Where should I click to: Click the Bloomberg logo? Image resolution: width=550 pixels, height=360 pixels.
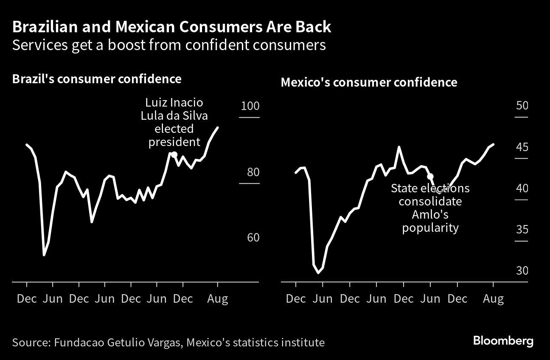click(503, 341)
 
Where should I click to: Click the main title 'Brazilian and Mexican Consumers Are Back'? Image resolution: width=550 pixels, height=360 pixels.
click(171, 27)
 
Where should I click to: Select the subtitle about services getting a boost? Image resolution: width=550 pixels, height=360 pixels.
click(169, 45)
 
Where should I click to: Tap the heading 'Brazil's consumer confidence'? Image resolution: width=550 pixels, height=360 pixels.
click(97, 79)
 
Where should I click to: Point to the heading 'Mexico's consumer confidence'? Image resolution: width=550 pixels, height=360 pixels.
click(369, 82)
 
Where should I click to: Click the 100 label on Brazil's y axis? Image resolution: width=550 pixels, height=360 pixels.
click(250, 106)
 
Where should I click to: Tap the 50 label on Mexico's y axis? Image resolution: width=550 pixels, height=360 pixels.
click(522, 105)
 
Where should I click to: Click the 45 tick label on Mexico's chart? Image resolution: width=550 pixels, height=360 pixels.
click(522, 147)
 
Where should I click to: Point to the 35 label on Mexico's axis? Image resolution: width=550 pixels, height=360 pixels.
click(522, 230)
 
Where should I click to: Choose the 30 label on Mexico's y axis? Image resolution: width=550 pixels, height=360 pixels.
click(522, 270)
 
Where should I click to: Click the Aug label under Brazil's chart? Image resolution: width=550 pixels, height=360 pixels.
click(218, 299)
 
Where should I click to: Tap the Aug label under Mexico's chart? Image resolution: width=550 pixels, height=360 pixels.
click(493, 299)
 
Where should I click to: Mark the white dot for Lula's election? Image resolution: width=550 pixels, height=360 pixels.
click(174, 155)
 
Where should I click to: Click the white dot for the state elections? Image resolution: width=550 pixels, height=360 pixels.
click(430, 176)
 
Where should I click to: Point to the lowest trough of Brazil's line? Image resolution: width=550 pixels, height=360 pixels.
click(44, 255)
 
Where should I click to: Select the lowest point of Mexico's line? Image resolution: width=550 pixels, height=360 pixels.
click(318, 273)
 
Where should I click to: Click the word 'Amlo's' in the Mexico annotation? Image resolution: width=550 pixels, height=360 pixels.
click(430, 214)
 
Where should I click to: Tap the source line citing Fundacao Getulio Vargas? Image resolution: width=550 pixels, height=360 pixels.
click(168, 343)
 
